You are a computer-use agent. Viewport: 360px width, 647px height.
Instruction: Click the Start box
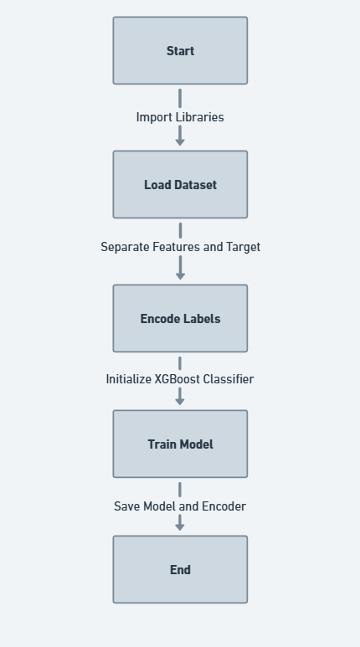pyautogui.click(x=180, y=51)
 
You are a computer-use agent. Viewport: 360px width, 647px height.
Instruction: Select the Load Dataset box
pyautogui.click(x=180, y=184)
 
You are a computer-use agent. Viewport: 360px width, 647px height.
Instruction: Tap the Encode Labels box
pyautogui.click(x=180, y=318)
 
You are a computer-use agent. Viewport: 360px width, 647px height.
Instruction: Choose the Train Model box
pyautogui.click(x=180, y=444)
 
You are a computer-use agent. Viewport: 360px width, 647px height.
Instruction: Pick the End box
pyautogui.click(x=180, y=569)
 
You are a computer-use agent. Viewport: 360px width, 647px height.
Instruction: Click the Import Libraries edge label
pyautogui.click(x=180, y=117)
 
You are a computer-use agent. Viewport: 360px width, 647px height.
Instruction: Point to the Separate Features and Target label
pyautogui.click(x=180, y=247)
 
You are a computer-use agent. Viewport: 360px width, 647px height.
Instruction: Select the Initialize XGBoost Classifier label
pyautogui.click(x=180, y=379)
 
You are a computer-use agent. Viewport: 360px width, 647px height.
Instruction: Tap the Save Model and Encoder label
pyautogui.click(x=180, y=506)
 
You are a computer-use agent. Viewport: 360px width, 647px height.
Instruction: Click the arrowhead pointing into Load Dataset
pyautogui.click(x=180, y=142)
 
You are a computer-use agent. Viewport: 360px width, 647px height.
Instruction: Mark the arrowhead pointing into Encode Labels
pyautogui.click(x=180, y=276)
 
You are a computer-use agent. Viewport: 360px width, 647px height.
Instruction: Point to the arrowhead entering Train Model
pyautogui.click(x=180, y=402)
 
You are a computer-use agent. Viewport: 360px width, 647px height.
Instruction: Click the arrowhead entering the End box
pyautogui.click(x=180, y=527)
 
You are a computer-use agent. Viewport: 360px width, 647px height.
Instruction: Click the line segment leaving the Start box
pyautogui.click(x=180, y=98)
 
